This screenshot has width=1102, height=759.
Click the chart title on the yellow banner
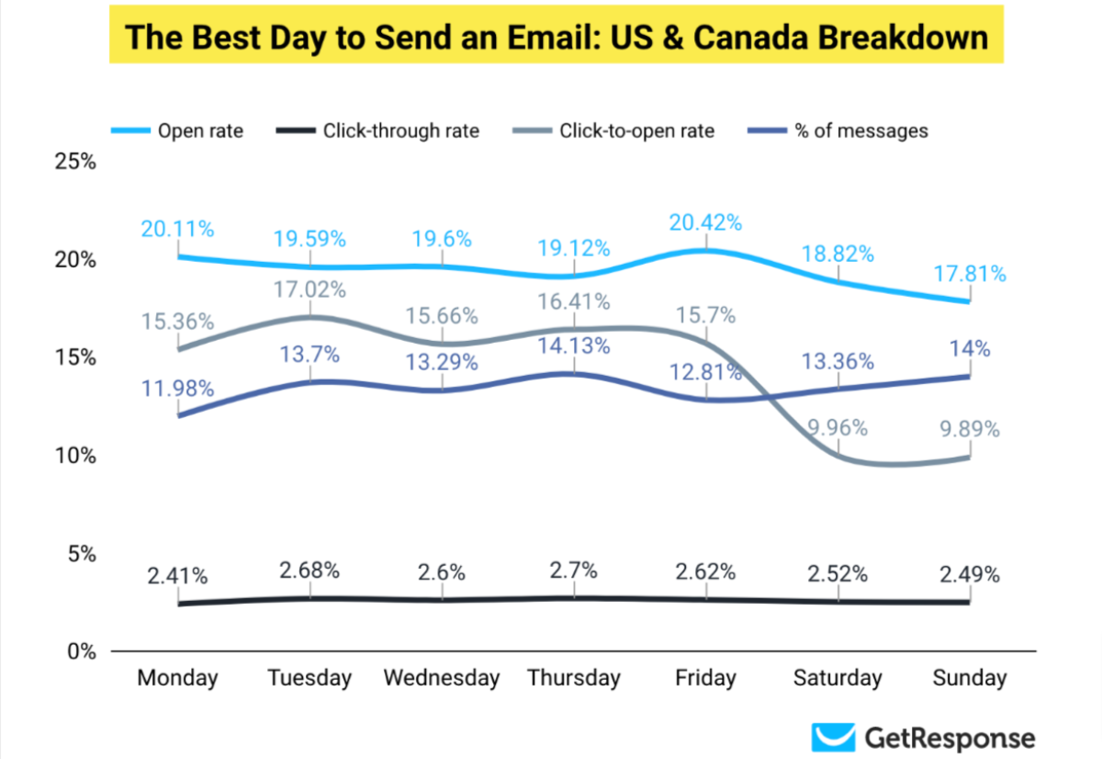coord(556,38)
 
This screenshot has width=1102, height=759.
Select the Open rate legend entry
coord(199,130)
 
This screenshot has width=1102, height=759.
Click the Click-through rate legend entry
coord(400,130)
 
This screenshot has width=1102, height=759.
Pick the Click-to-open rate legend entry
coord(636,130)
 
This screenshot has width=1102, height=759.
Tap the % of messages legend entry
coord(861,130)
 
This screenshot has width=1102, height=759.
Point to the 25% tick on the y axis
coord(76,162)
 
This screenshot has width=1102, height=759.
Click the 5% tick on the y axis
coord(82,553)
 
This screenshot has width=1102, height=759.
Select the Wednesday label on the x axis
coord(442,679)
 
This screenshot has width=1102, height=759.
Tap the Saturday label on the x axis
coord(838,679)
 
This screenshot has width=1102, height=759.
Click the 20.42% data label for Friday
coord(705,223)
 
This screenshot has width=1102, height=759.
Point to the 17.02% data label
coord(309,290)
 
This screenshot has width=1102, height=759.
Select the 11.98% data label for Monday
coord(177,389)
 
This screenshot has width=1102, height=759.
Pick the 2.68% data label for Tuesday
coord(309,570)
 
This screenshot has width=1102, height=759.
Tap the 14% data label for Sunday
coord(970,349)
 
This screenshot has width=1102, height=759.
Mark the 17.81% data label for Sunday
coord(969,274)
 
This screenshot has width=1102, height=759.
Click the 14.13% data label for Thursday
coord(573,346)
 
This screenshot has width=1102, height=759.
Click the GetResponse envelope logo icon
coord(833,738)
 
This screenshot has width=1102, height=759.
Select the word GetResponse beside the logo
coord(950,738)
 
